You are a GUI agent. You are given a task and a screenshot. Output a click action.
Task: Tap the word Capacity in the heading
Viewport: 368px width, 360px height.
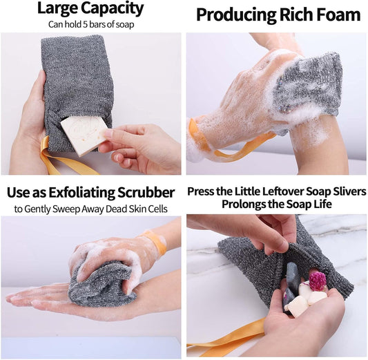click(x=114, y=10)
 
